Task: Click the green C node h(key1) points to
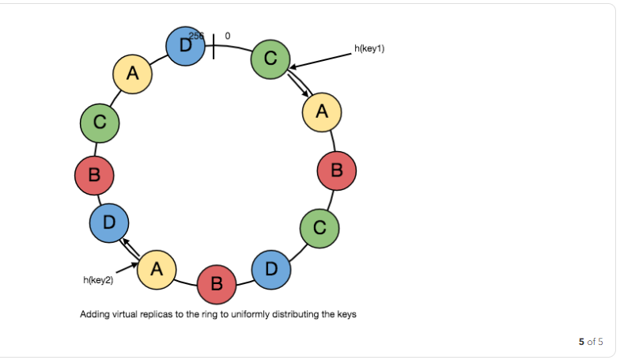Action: tap(270, 59)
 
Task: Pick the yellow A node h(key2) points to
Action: tap(157, 270)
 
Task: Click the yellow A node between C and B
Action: tap(321, 112)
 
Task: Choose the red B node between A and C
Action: tap(336, 169)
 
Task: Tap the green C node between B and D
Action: tap(319, 228)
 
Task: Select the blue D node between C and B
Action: tap(271, 269)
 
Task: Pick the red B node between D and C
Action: tap(94, 176)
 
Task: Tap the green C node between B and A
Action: tap(100, 123)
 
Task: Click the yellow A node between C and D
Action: tap(132, 74)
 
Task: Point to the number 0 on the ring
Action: tap(228, 36)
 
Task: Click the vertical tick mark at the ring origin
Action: tap(214, 46)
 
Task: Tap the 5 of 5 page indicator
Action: tap(590, 342)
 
